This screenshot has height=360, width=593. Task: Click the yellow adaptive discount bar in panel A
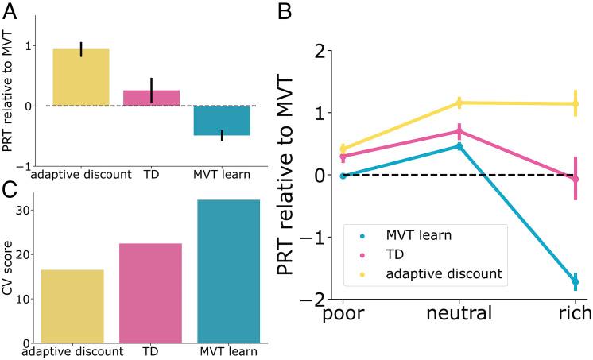(x=81, y=78)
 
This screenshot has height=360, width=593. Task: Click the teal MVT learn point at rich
(x=575, y=282)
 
